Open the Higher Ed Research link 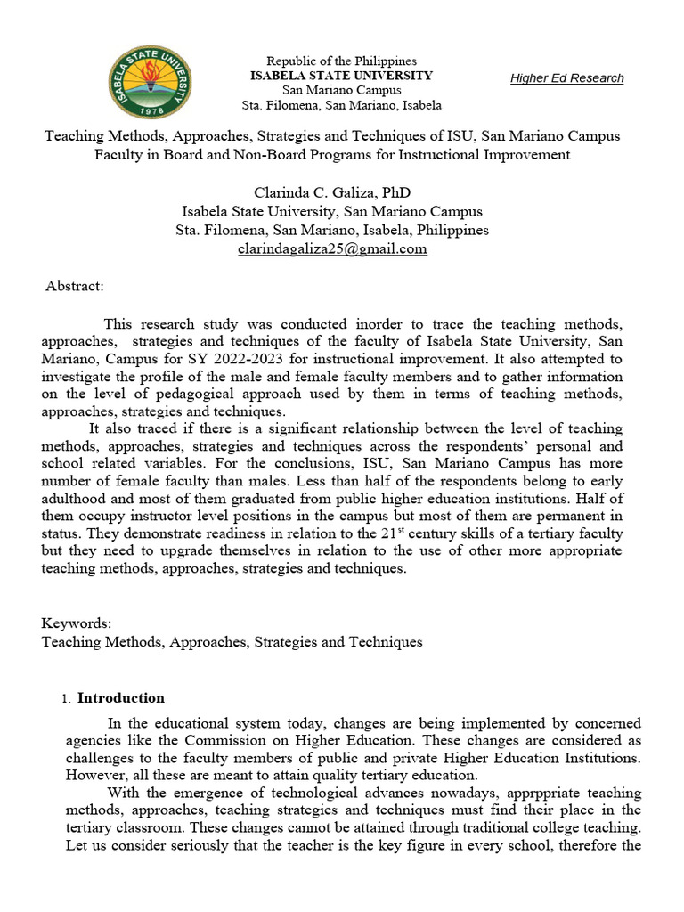(x=566, y=78)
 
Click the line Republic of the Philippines (x=342, y=61)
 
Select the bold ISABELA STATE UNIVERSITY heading (x=341, y=76)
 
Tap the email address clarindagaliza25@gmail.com (x=332, y=249)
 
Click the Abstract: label (x=75, y=286)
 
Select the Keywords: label (x=77, y=623)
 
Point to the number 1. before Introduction (x=67, y=699)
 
